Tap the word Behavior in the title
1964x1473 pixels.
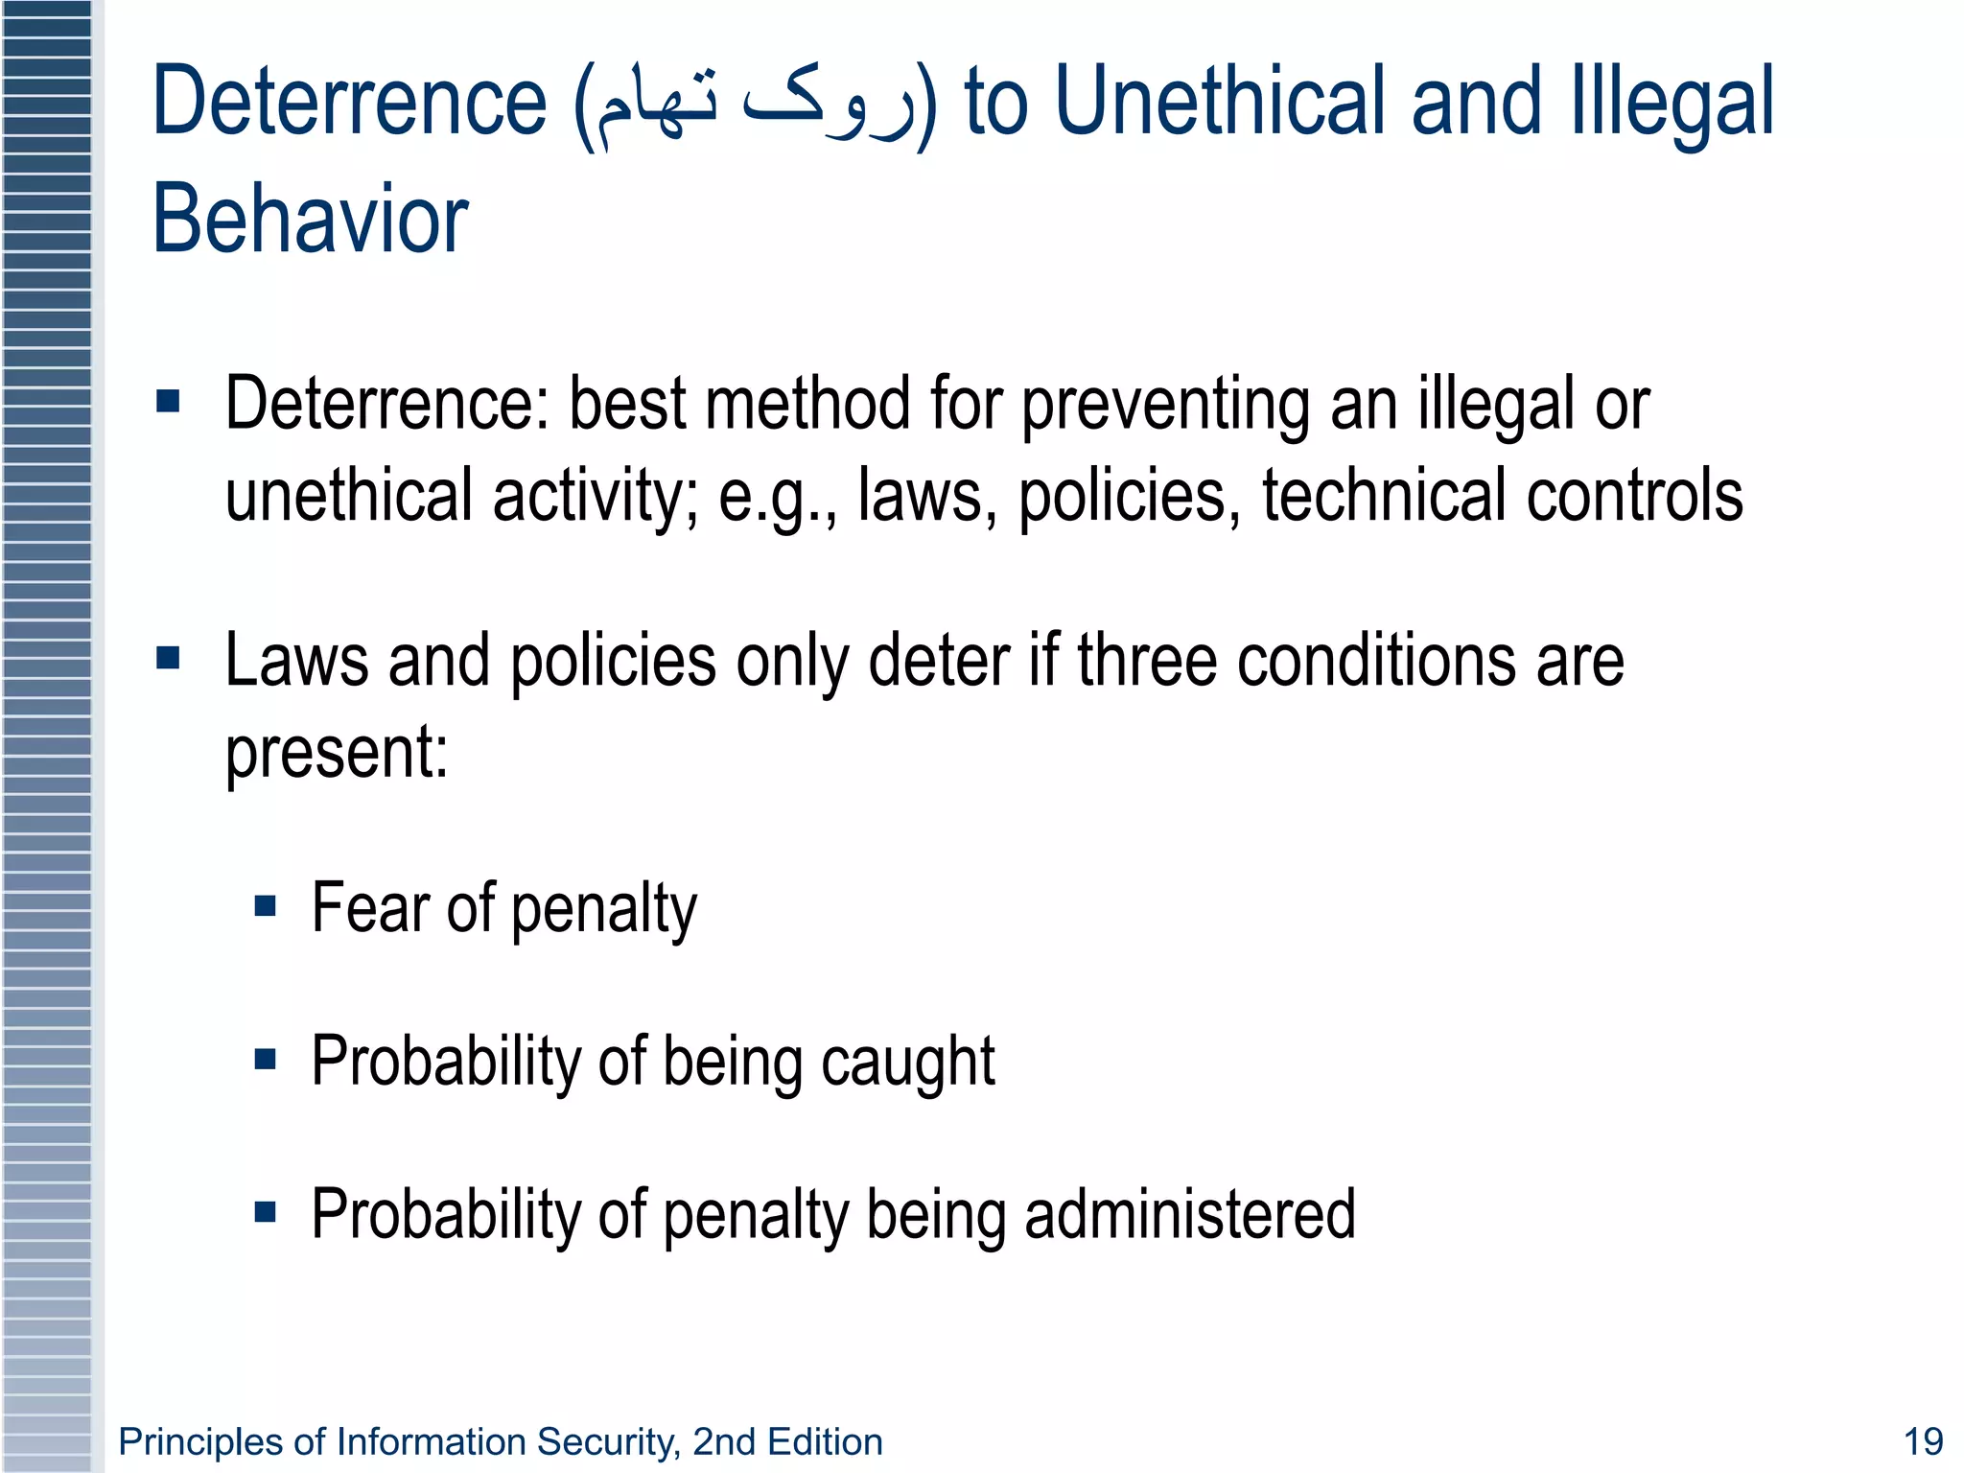coord(310,220)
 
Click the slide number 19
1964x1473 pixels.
coord(1922,1441)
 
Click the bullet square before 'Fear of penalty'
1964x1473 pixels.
coord(266,906)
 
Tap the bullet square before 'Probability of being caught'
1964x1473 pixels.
coord(266,1059)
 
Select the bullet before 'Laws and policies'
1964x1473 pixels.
coord(168,658)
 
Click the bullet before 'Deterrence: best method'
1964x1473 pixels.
coord(168,401)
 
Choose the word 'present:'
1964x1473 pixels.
coord(337,754)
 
